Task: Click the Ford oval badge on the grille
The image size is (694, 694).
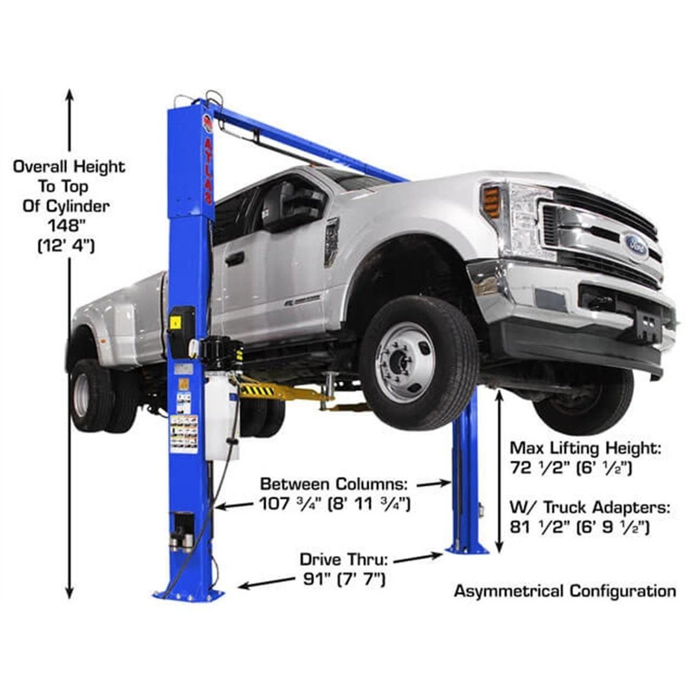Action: [635, 242]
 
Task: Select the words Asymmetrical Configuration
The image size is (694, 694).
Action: [565, 590]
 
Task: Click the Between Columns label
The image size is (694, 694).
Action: [337, 483]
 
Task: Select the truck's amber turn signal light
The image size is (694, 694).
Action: [491, 201]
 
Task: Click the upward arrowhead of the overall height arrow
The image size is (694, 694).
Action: [69, 94]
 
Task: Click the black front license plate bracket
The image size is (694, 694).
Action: [649, 328]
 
